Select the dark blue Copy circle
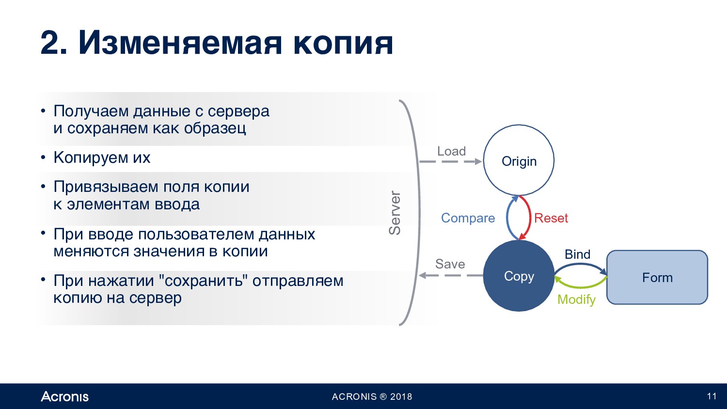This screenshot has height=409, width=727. (x=519, y=276)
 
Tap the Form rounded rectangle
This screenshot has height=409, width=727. (x=657, y=278)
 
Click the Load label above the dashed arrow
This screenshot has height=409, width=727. (x=451, y=151)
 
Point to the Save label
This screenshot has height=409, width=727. (x=450, y=264)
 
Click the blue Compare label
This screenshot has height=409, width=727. (x=468, y=218)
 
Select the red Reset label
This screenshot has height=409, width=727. (x=551, y=218)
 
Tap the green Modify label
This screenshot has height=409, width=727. (x=576, y=299)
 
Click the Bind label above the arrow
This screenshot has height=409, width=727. (x=577, y=254)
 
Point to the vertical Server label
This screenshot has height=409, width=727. (x=395, y=213)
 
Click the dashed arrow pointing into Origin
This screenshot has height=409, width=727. (x=450, y=161)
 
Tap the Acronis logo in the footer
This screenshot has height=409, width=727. (x=64, y=396)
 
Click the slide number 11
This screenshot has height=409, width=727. (x=712, y=396)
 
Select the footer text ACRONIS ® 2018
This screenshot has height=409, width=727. (x=372, y=397)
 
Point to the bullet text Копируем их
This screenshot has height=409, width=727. (x=102, y=158)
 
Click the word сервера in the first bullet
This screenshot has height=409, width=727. (x=238, y=111)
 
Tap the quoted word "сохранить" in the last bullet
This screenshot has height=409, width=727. (x=203, y=281)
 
